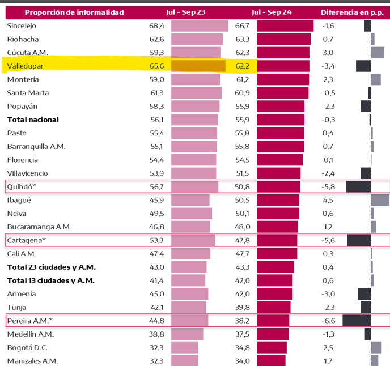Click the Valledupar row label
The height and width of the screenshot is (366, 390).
click(26, 66)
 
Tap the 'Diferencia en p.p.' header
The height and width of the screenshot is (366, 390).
click(352, 12)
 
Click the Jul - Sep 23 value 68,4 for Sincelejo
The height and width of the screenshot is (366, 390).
click(156, 26)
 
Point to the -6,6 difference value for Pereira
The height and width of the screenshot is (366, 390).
click(328, 321)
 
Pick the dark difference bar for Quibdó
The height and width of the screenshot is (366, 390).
click(358, 186)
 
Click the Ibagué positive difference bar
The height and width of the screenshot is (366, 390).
click(380, 200)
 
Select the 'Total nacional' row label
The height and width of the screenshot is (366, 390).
click(33, 120)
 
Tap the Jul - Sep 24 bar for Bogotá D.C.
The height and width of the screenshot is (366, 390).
click(272, 347)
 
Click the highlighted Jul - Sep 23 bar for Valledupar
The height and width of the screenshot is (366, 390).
click(198, 66)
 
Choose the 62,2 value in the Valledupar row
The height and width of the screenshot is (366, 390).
click(242, 66)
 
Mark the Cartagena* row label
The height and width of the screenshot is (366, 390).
click(26, 240)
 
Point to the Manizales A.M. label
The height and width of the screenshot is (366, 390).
click(33, 361)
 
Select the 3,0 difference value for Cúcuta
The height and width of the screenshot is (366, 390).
click(328, 53)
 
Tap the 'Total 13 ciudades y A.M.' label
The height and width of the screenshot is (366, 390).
click(51, 280)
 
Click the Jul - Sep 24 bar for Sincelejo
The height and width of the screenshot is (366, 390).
click(285, 26)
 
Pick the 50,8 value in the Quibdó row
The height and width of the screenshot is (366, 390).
click(242, 186)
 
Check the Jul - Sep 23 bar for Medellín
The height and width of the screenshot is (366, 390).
click(186, 334)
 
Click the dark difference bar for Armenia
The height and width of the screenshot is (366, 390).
click(364, 293)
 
